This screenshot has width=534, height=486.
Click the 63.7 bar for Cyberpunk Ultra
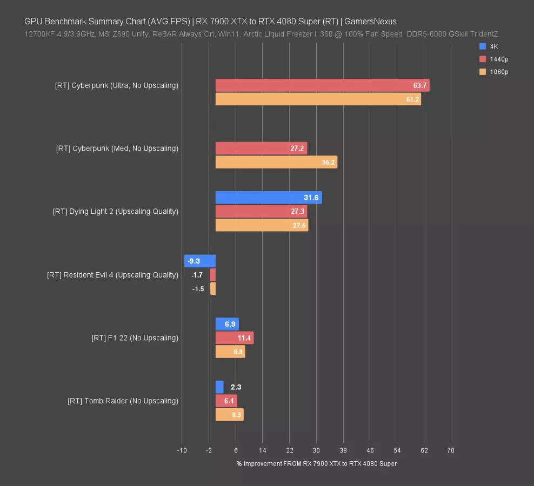point(322,85)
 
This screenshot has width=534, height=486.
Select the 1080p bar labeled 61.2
point(318,99)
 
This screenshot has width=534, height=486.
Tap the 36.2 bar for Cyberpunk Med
point(276,162)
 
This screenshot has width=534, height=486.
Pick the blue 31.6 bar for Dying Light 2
point(269,198)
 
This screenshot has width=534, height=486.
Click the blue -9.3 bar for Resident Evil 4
point(200,261)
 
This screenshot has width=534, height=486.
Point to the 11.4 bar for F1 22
point(235,338)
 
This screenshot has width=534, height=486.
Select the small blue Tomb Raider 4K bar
point(219,387)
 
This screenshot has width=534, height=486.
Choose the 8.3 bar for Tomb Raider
point(229,415)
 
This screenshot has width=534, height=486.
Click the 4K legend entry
point(490,46)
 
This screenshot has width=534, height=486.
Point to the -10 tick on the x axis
point(182,450)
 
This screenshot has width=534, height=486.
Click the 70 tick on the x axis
point(451,450)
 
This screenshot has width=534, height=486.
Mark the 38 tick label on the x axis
point(343,450)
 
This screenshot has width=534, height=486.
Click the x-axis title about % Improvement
point(316,464)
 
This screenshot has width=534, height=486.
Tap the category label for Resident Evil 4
point(112,275)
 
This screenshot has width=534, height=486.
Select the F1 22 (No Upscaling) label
point(135,338)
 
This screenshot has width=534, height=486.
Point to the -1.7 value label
point(197,275)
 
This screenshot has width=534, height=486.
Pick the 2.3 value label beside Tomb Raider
point(236,387)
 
